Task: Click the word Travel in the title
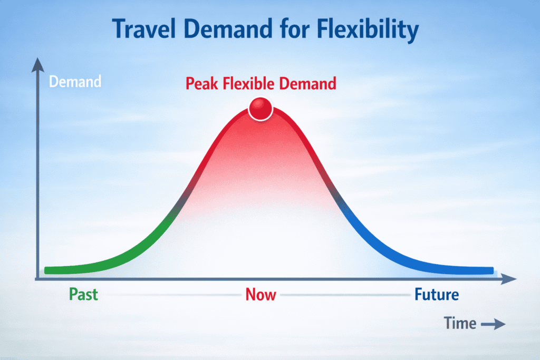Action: tap(144, 28)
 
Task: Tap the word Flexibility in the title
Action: tap(368, 30)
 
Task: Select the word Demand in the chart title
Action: tap(228, 28)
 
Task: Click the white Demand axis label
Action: tap(75, 82)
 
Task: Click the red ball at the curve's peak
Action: tap(261, 109)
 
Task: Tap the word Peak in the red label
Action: tap(202, 84)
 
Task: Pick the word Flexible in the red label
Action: tap(249, 83)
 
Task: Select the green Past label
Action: tap(83, 295)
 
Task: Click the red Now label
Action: tap(261, 295)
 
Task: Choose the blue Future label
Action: tap(437, 295)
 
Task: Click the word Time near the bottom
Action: tap(460, 323)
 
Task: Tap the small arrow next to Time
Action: tap(493, 324)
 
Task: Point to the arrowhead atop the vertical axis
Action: tap(38, 65)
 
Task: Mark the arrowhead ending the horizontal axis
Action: tap(509, 279)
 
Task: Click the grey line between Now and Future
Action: tap(345, 295)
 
